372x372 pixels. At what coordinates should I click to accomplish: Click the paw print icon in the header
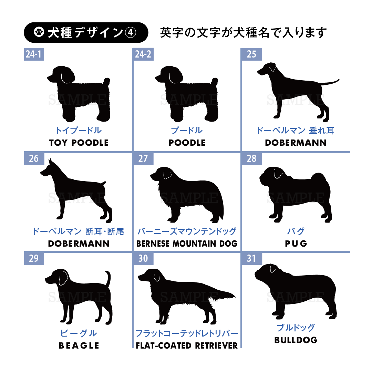(39, 32)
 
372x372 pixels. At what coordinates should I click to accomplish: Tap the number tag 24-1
(34, 54)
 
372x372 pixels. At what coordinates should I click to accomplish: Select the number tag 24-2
(143, 54)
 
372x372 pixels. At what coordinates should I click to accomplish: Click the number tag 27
(143, 158)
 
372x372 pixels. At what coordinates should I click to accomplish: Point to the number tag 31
(251, 258)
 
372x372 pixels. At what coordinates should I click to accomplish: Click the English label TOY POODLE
(79, 143)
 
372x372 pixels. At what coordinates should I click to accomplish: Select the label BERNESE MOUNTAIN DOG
(187, 244)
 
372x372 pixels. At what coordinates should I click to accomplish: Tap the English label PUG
(296, 244)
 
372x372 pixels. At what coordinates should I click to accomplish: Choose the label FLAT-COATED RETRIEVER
(187, 346)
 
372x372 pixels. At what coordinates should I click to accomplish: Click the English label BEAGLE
(79, 346)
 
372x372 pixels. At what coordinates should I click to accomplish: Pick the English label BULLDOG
(296, 340)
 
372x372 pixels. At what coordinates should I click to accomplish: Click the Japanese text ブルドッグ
(296, 328)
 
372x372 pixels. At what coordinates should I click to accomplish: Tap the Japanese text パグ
(296, 231)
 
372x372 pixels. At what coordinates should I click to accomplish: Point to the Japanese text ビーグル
(79, 333)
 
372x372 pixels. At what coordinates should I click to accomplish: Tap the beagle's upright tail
(108, 278)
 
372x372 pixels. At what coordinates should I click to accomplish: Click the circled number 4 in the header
(131, 32)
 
